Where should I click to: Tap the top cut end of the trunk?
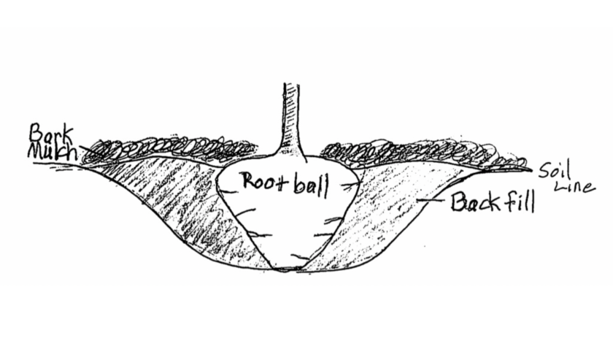[x=293, y=85]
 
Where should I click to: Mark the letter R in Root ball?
[x=249, y=180]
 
